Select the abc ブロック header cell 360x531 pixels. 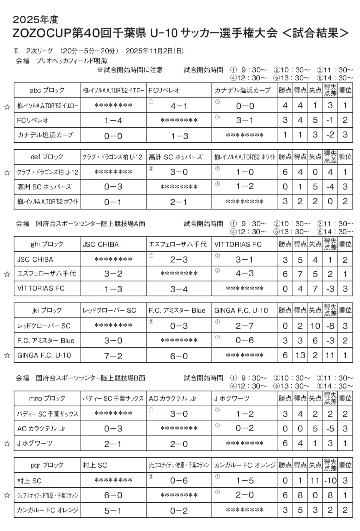47,90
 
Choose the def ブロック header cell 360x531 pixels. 47,157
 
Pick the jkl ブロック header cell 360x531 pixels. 47,310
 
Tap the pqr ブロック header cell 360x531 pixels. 47,465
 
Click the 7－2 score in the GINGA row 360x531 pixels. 113,355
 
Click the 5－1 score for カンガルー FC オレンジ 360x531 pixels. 113,511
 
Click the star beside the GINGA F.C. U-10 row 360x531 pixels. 7,355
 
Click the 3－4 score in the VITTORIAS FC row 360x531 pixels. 179,289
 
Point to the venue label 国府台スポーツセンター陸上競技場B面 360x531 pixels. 91,378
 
